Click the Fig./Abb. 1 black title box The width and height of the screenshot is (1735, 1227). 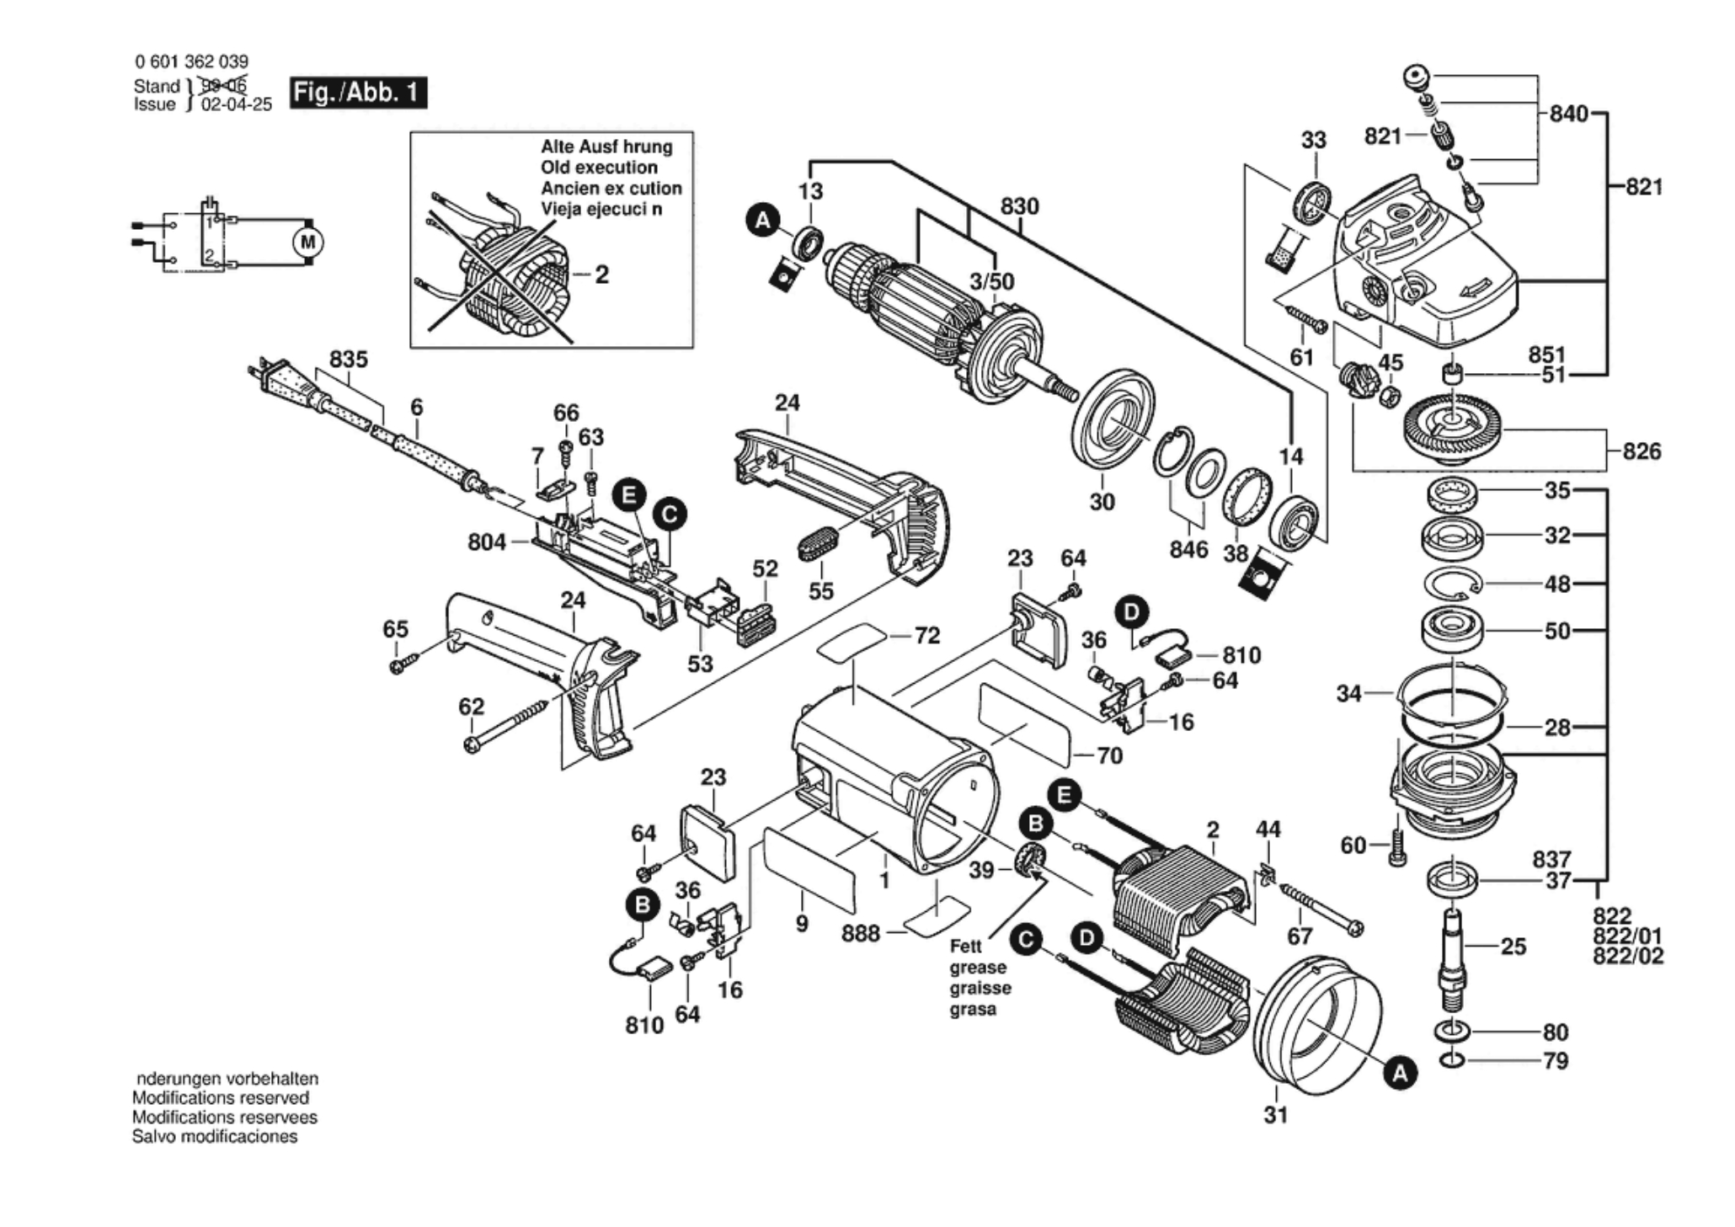[358, 93]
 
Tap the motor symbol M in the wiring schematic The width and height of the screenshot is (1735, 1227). [307, 243]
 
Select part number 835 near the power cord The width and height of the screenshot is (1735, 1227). [348, 360]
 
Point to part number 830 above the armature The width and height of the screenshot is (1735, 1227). [1019, 206]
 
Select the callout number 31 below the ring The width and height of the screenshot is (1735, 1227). [1276, 1115]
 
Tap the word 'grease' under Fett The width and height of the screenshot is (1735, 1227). [978, 968]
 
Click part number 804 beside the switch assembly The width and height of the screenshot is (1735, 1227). [487, 542]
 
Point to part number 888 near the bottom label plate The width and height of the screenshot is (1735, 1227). [861, 933]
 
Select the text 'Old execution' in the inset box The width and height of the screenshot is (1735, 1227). [599, 168]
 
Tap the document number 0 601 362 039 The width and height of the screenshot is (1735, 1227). [191, 61]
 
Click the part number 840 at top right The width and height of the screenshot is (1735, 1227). [1568, 114]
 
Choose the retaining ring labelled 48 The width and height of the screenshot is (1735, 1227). [1453, 584]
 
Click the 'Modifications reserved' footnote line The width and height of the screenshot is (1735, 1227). [220, 1098]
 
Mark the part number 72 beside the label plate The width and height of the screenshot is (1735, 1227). [926, 636]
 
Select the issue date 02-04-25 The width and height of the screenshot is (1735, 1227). [237, 105]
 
